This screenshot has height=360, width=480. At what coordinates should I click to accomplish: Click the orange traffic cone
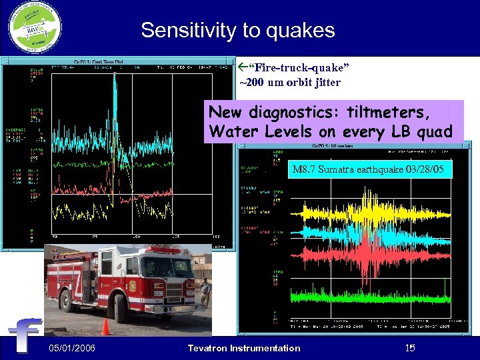point(105,327)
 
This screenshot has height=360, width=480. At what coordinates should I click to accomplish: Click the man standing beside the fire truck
point(205,293)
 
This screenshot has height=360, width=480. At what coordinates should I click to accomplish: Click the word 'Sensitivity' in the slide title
point(188,31)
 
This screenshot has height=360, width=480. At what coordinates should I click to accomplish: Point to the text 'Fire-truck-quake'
point(299,69)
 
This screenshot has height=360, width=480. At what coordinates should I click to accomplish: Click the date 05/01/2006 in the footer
point(72,348)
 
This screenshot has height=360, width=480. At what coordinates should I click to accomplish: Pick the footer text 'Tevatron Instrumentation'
point(244,348)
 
